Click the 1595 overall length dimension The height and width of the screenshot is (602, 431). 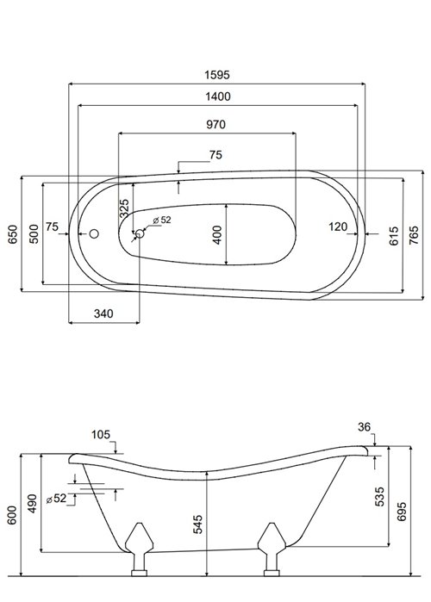(215, 75)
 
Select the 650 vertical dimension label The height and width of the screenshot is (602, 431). (12, 234)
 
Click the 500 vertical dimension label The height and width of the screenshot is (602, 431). (34, 234)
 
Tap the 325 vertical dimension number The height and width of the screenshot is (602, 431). (124, 208)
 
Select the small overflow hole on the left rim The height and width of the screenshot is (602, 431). (95, 233)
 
